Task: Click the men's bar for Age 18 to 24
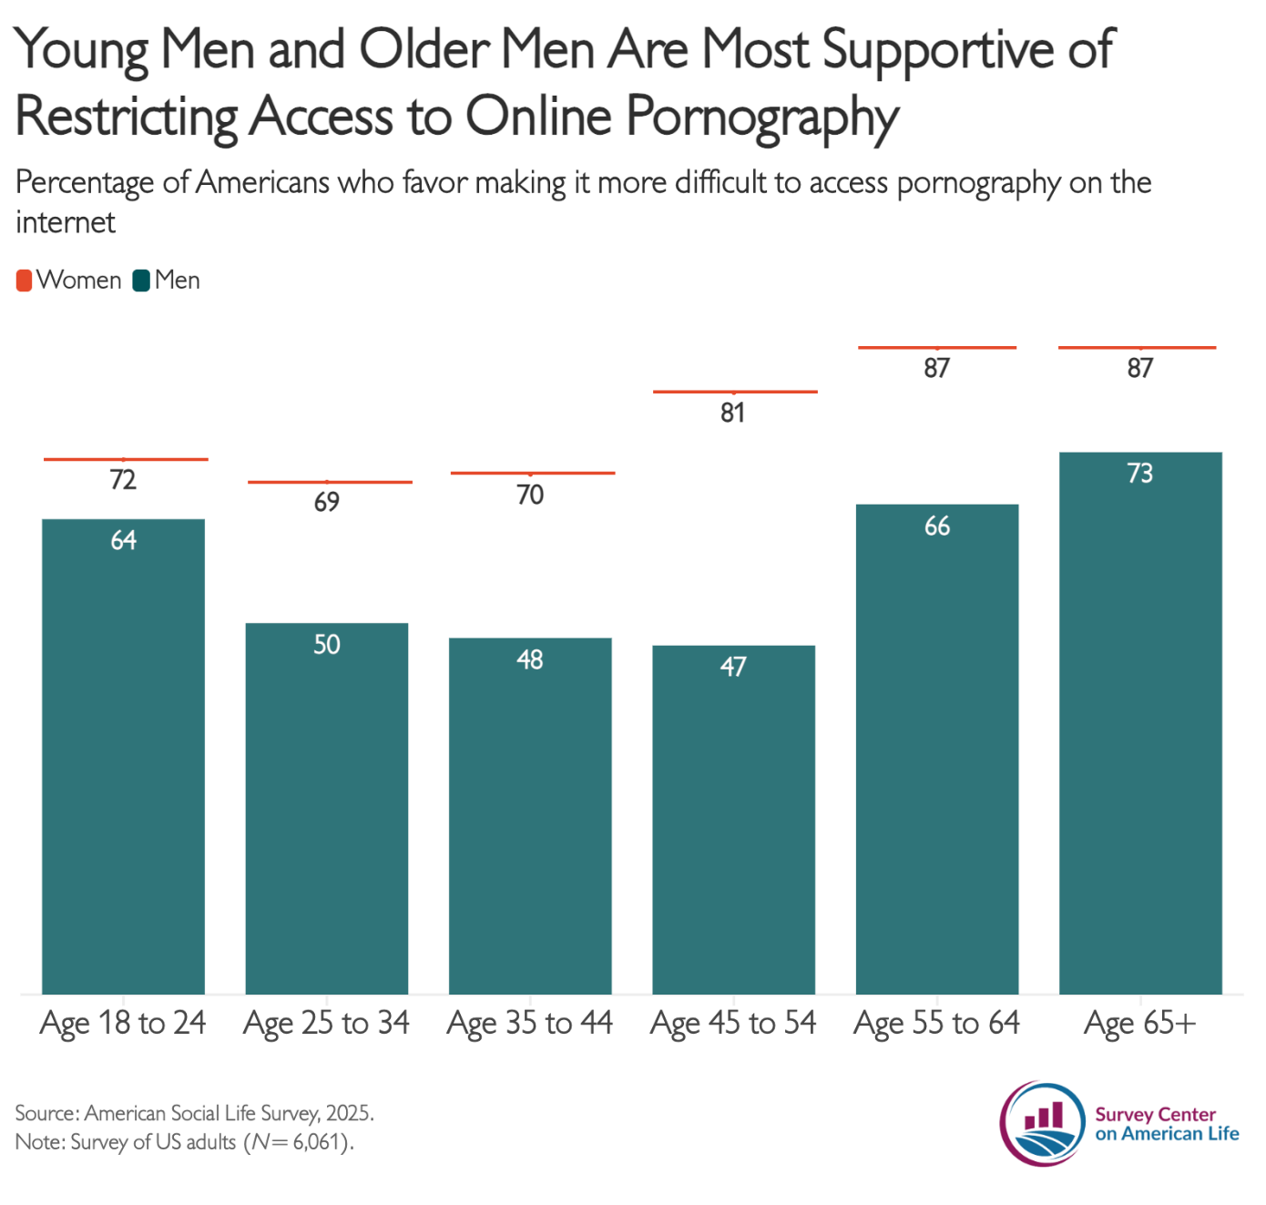pyautogui.click(x=123, y=756)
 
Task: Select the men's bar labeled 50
pyautogui.click(x=326, y=808)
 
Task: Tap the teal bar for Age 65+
pyautogui.click(x=1140, y=722)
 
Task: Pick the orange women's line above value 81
pyautogui.click(x=735, y=392)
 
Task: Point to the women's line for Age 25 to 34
pyautogui.click(x=330, y=482)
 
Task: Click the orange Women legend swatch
pyautogui.click(x=24, y=281)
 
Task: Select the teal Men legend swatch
pyautogui.click(x=141, y=281)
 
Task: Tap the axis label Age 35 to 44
pyautogui.click(x=530, y=1024)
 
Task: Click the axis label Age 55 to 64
pyautogui.click(x=937, y=1024)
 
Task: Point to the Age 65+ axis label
pyautogui.click(x=1140, y=1024)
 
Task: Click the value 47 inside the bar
pyautogui.click(x=733, y=667)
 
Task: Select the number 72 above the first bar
pyautogui.click(x=123, y=480)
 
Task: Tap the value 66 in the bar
pyautogui.click(x=937, y=526)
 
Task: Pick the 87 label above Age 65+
pyautogui.click(x=1139, y=368)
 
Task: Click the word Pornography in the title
pyautogui.click(x=762, y=117)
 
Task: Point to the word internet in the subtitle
pyautogui.click(x=66, y=222)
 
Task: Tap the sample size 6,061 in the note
pyautogui.click(x=315, y=1142)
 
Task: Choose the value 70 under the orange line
pyautogui.click(x=530, y=495)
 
